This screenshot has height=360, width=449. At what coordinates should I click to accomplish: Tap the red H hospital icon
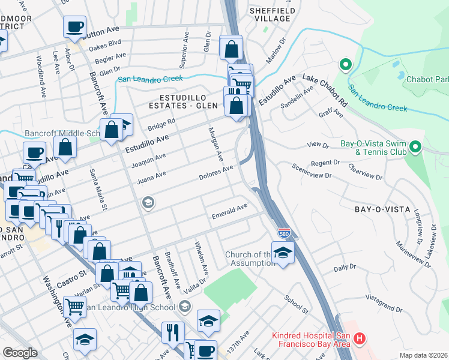360,338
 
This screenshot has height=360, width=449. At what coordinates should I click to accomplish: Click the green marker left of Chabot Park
345,64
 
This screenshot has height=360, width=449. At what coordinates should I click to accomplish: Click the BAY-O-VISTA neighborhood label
382,209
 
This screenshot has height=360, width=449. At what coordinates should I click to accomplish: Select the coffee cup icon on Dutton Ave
74,27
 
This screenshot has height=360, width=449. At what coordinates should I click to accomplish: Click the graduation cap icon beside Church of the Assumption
283,253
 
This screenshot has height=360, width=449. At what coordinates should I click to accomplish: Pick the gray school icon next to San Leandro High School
185,308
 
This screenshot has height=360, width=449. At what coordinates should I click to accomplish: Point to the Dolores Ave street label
215,173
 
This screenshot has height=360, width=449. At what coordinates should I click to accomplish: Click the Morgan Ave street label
215,144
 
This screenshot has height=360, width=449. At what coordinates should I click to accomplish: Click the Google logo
20,353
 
